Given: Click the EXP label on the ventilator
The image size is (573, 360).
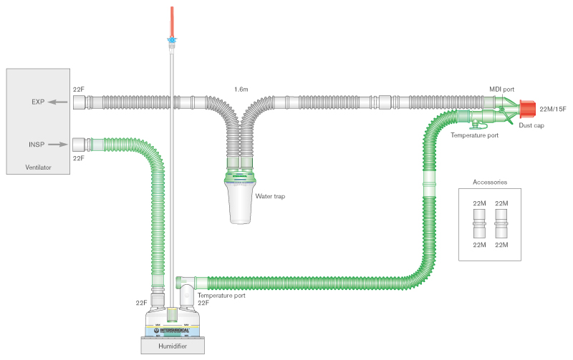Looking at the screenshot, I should [x=38, y=102].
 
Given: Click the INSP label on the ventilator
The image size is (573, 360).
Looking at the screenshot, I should [x=36, y=145].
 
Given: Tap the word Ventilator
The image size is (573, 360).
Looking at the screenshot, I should [x=38, y=167].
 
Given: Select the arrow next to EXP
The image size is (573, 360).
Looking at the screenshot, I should [x=59, y=102].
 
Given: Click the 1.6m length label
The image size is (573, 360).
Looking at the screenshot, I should [x=241, y=89].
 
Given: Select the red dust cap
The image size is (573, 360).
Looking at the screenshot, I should [x=526, y=110].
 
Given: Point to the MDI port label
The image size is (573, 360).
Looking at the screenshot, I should [x=501, y=89].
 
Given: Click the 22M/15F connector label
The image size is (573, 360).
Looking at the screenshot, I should [x=552, y=109].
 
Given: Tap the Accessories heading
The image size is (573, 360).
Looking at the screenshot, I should [x=491, y=182].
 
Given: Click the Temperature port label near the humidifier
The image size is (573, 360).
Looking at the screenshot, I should [x=221, y=295].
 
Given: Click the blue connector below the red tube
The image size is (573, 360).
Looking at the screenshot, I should [x=171, y=41].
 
